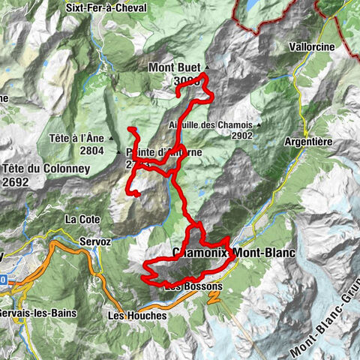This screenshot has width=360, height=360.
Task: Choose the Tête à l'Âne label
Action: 79,139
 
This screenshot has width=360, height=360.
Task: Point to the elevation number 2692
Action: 19,181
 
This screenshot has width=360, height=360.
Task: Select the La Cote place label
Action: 82,219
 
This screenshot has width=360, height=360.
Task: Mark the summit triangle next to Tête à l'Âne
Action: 111,139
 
